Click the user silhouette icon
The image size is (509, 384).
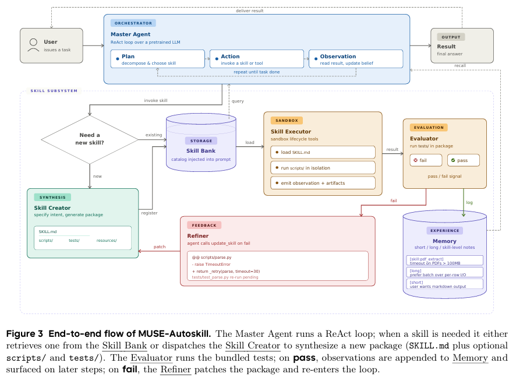(x=33, y=45)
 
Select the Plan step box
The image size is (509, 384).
(x=157, y=59)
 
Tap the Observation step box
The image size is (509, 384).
(x=356, y=59)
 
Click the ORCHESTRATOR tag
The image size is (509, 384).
(x=133, y=23)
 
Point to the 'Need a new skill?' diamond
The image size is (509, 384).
(x=90, y=139)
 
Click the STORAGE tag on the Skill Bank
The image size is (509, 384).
(x=201, y=140)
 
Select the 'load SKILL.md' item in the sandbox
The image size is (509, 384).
(x=323, y=152)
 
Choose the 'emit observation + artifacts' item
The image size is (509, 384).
(x=323, y=183)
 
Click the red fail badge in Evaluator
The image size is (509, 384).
(x=426, y=160)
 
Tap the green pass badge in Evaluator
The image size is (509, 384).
(x=463, y=160)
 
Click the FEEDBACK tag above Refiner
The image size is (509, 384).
(x=204, y=225)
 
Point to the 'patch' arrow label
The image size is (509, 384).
(x=160, y=247)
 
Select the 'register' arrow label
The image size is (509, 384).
(x=149, y=213)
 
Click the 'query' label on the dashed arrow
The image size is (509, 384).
(x=238, y=101)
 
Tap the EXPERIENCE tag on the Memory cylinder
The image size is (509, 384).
(x=445, y=231)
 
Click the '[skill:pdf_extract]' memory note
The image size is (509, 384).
(x=444, y=260)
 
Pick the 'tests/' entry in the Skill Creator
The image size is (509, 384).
(x=74, y=241)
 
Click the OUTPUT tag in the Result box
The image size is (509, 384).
(x=451, y=37)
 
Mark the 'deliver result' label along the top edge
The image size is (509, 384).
(x=250, y=10)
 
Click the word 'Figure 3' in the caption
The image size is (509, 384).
(x=24, y=334)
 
